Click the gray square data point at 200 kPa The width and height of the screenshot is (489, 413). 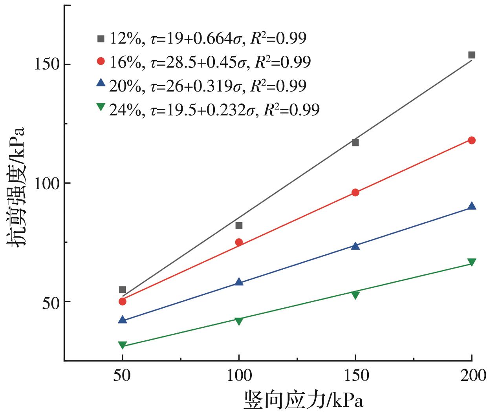click(472, 55)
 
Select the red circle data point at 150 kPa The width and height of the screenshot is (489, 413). click(355, 192)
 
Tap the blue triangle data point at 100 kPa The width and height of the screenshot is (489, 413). click(239, 282)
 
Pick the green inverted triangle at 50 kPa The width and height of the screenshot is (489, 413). click(123, 345)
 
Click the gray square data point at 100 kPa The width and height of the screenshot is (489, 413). click(239, 225)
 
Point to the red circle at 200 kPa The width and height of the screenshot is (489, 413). click(472, 140)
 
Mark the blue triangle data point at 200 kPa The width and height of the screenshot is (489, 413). click(472, 206)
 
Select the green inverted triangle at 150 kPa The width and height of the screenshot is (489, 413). click(355, 295)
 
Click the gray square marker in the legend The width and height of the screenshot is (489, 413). click(101, 38)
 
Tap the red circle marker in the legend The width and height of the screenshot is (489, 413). click(101, 61)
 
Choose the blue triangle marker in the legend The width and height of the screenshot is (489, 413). click(101, 83)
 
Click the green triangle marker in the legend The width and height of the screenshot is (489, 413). click(101, 106)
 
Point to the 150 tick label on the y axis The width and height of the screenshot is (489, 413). click(47, 65)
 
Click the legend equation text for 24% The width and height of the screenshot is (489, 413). click(214, 110)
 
